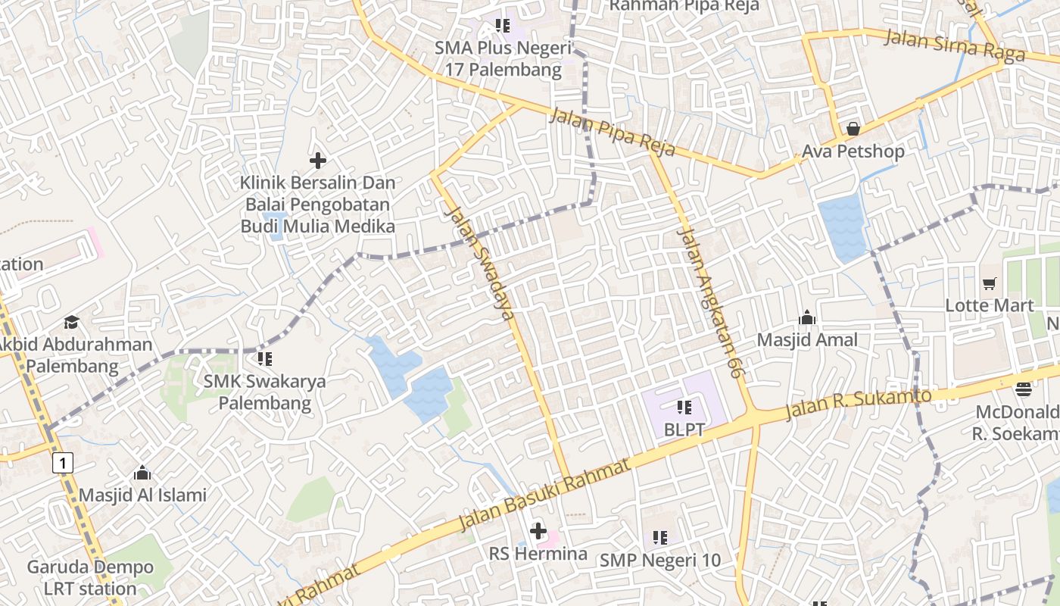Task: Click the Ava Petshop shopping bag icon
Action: click(853, 129)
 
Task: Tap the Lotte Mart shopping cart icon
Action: click(989, 283)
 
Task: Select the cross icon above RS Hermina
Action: click(538, 531)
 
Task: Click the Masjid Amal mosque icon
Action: click(807, 317)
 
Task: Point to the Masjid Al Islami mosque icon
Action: click(142, 473)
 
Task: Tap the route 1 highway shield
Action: click(64, 462)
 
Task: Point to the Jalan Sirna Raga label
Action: click(955, 44)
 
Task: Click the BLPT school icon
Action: click(684, 408)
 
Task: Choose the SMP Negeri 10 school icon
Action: click(660, 538)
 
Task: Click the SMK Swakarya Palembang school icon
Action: click(264, 358)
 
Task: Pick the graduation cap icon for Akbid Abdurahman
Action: click(71, 322)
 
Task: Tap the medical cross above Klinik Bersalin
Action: click(318, 161)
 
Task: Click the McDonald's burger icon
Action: click(1024, 389)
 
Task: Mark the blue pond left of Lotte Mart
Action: click(842, 226)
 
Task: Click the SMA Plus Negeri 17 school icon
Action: click(502, 26)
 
